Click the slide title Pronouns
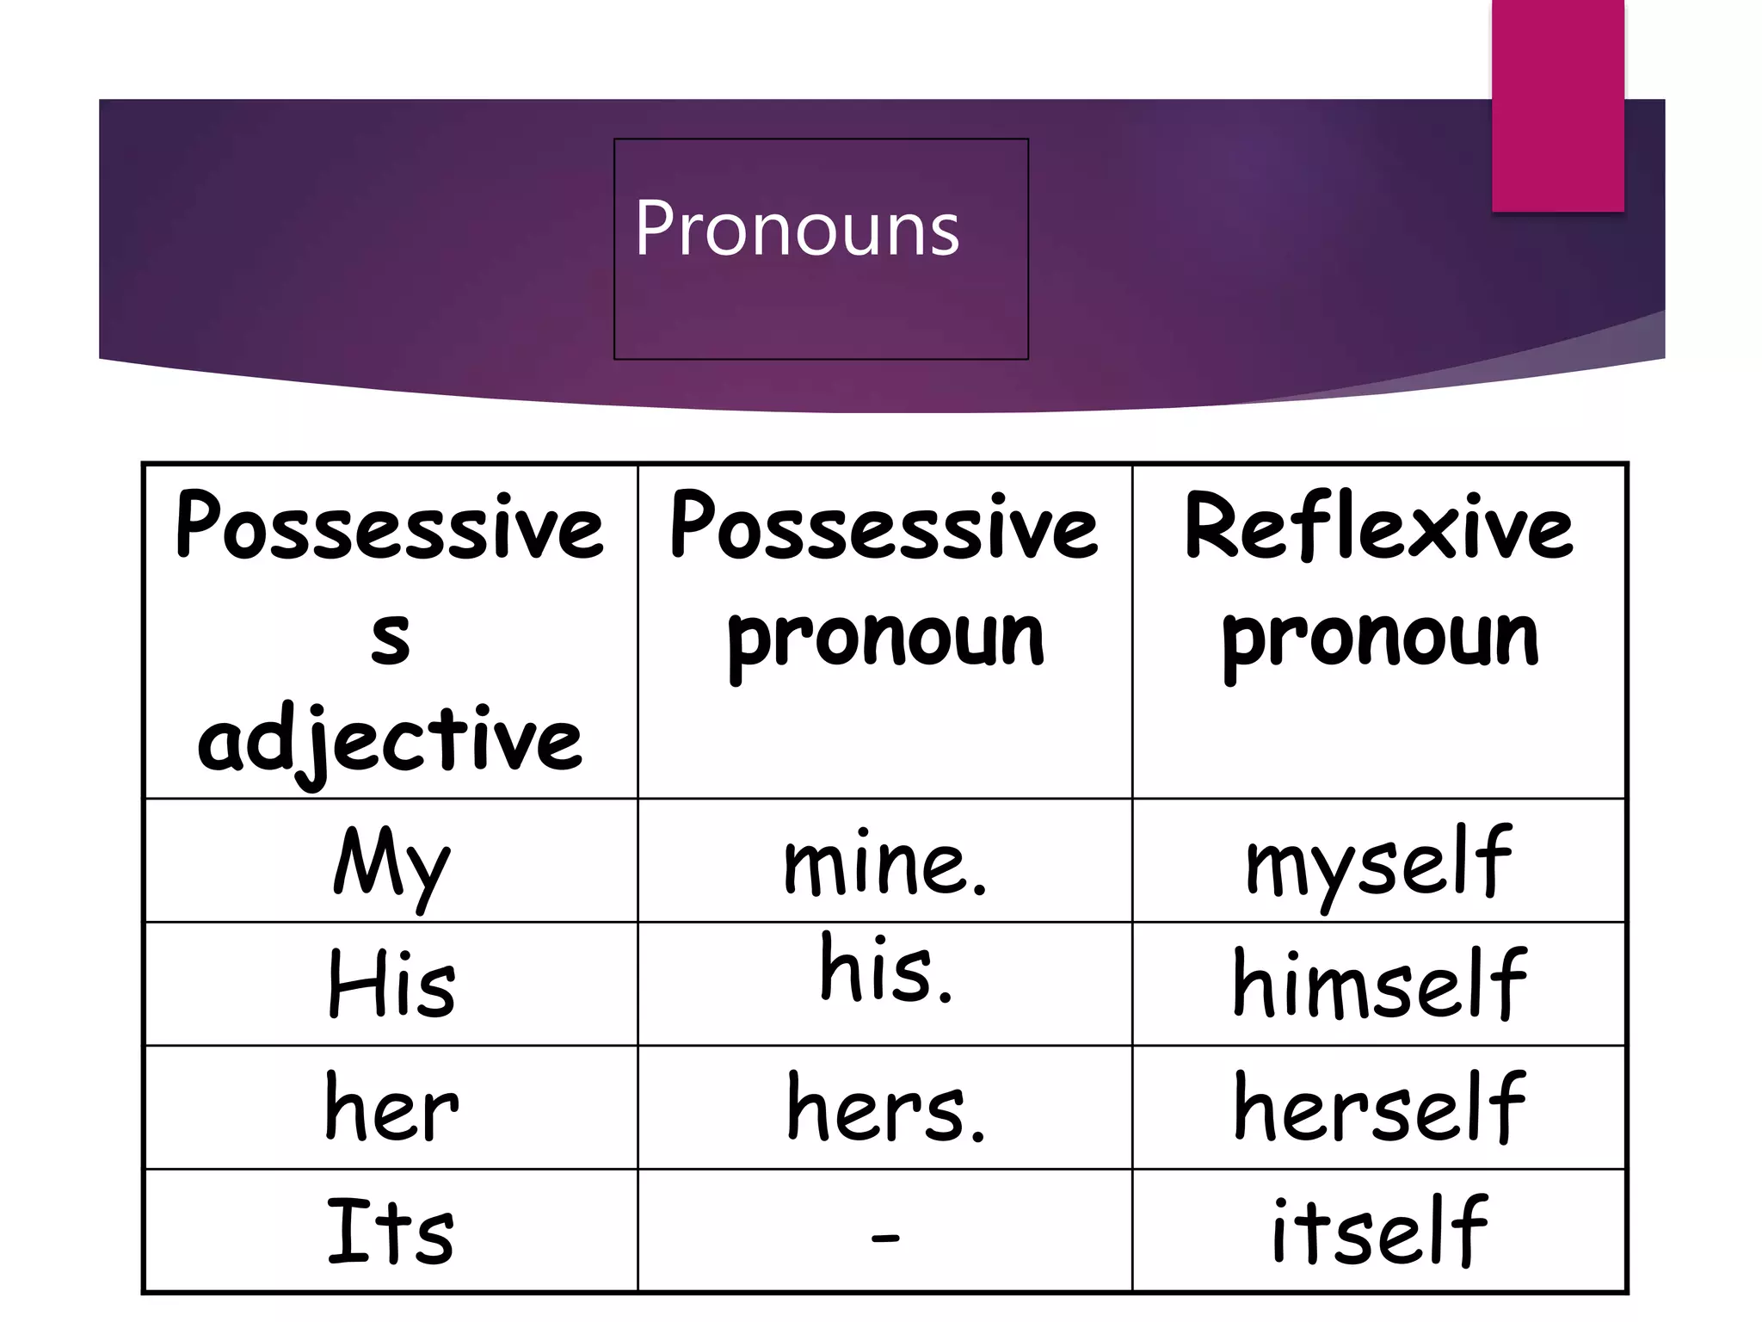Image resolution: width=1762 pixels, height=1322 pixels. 797,228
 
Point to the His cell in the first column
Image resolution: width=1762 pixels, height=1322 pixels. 391,985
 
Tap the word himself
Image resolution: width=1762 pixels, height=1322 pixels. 1378,985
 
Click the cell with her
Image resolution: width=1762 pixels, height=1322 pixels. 391,1109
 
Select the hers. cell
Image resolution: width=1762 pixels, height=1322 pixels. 885,1109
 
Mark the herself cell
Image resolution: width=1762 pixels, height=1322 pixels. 1378,1109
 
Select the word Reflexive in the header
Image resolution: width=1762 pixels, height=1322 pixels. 1378,527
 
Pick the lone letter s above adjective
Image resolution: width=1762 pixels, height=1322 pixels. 391,639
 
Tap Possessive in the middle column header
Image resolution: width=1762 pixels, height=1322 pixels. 884,527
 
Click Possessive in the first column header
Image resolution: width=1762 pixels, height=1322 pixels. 390,527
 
